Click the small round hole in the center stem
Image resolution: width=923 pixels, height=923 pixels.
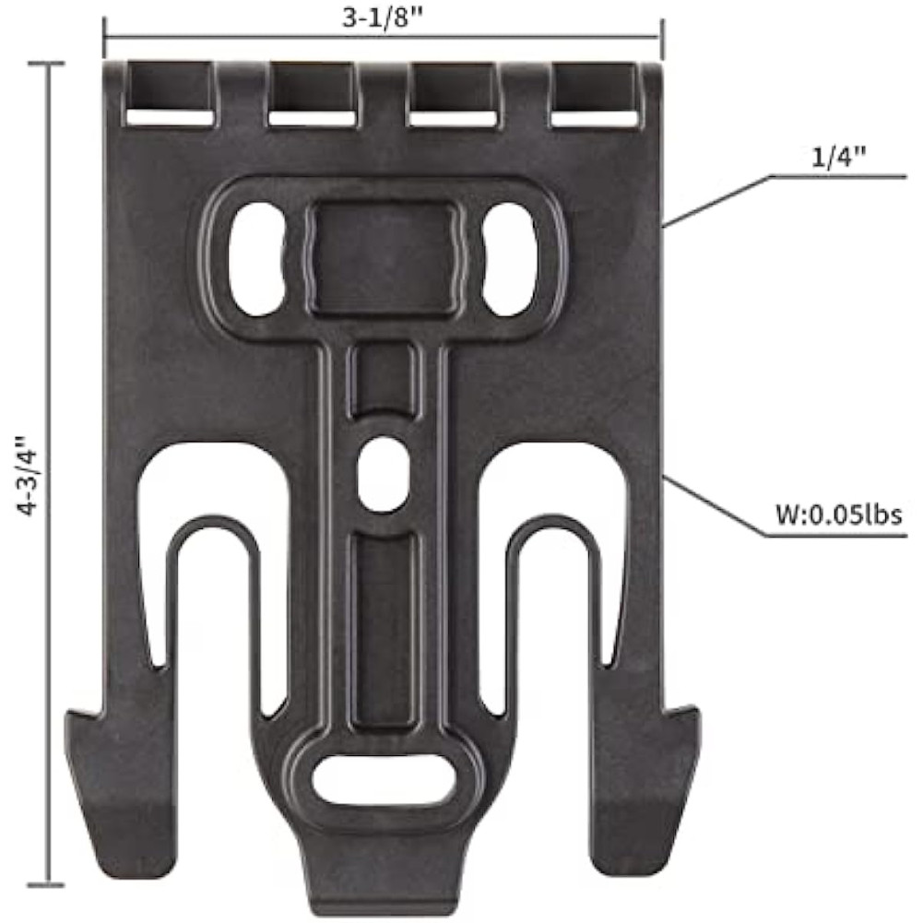[x=383, y=472]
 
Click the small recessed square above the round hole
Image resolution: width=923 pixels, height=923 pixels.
[x=383, y=378]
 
